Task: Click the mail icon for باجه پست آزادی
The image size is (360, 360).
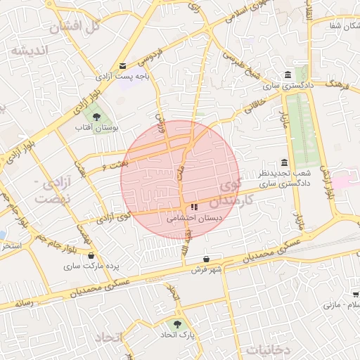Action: click(123, 65)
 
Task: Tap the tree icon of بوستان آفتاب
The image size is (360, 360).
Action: click(96, 117)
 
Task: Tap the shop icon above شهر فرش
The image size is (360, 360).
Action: click(205, 259)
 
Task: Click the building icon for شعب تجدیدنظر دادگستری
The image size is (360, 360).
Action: click(284, 162)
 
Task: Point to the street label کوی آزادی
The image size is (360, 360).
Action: click(115, 217)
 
